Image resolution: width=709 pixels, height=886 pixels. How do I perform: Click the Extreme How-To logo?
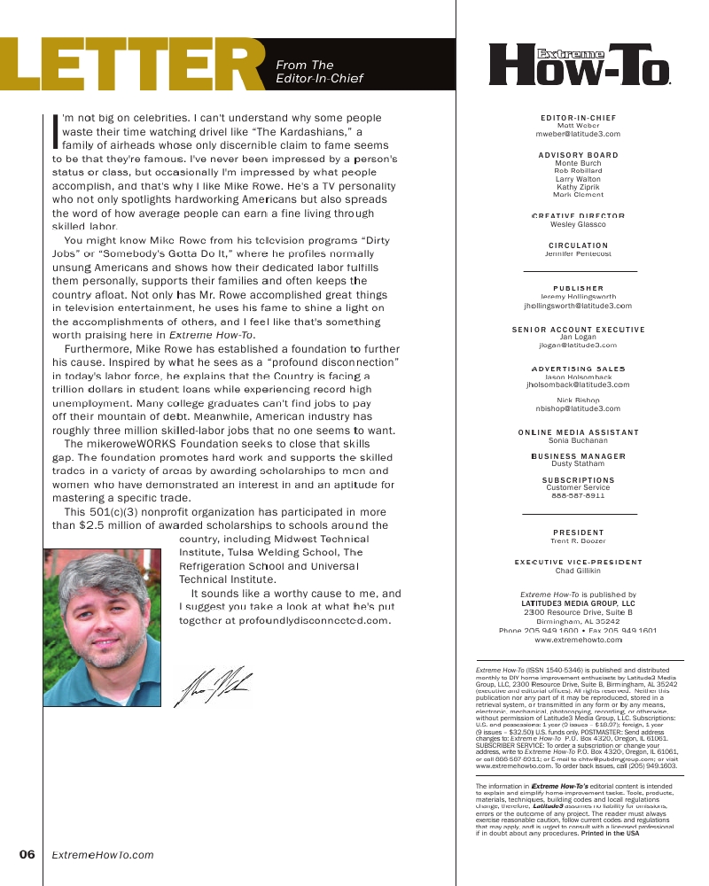pyautogui.click(x=580, y=64)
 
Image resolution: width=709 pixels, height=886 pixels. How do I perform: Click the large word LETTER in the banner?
pyautogui.click(x=133, y=66)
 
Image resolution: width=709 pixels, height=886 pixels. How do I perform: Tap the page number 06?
pyautogui.click(x=27, y=855)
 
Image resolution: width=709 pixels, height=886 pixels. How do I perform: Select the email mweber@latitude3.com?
pyautogui.click(x=578, y=134)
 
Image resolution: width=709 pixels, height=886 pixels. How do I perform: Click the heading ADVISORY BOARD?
pyautogui.click(x=578, y=155)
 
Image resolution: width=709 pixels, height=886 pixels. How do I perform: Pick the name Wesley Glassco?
pyautogui.click(x=578, y=225)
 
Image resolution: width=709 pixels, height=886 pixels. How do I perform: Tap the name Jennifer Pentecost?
pyautogui.click(x=578, y=253)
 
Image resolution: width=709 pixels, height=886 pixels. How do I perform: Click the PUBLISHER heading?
pyautogui.click(x=578, y=288)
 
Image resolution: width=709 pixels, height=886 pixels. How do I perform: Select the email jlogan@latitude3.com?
pyautogui.click(x=578, y=345)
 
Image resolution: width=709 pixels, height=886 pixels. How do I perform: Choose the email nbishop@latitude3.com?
pyautogui.click(x=578, y=408)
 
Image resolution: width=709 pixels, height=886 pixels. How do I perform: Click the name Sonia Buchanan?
pyautogui.click(x=578, y=440)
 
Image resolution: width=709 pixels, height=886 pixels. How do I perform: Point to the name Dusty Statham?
pyautogui.click(x=578, y=463)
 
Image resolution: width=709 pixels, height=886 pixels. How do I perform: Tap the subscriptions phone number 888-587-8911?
pyautogui.click(x=578, y=495)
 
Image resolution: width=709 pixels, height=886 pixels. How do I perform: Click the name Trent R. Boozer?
pyautogui.click(x=578, y=540)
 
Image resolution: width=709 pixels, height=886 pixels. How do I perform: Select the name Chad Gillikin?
pyautogui.click(x=578, y=571)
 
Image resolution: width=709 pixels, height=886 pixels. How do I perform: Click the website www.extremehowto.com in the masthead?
pyautogui.click(x=578, y=639)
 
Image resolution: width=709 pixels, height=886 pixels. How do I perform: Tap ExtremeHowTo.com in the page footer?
pyautogui.click(x=103, y=855)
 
